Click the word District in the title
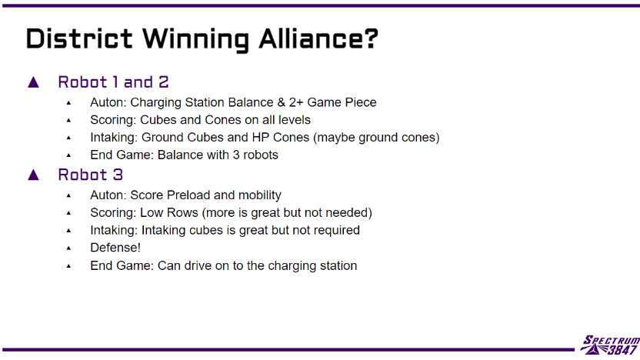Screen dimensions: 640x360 point(79,38)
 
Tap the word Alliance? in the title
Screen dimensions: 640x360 point(318,38)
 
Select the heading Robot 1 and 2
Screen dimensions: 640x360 point(113,82)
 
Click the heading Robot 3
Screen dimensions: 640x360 point(90,175)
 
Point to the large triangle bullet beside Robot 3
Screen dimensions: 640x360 point(34,175)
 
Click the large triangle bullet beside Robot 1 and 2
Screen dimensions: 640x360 point(34,82)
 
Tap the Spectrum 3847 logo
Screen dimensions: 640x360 point(610,345)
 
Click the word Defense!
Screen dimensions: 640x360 point(115,248)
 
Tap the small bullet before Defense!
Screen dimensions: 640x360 point(68,248)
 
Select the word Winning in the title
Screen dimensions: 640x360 point(195,40)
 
